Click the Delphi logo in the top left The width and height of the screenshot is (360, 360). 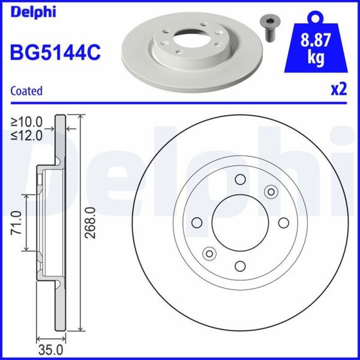tap(33, 12)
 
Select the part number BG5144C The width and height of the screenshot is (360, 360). tap(55, 52)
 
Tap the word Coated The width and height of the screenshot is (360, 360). tap(26, 91)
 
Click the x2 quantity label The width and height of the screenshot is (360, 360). tap(338, 90)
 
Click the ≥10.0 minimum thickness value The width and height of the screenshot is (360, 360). tap(26, 122)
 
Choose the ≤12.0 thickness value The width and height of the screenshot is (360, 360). tap(26, 135)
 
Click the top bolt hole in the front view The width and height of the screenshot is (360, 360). tap(240, 179)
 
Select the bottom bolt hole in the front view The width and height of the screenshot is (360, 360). tap(240, 266)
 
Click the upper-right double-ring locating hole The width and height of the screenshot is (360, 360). tap(270, 192)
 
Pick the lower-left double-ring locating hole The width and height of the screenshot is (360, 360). tap(209, 253)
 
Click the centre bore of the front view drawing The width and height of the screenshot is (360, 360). tap(240, 222)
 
